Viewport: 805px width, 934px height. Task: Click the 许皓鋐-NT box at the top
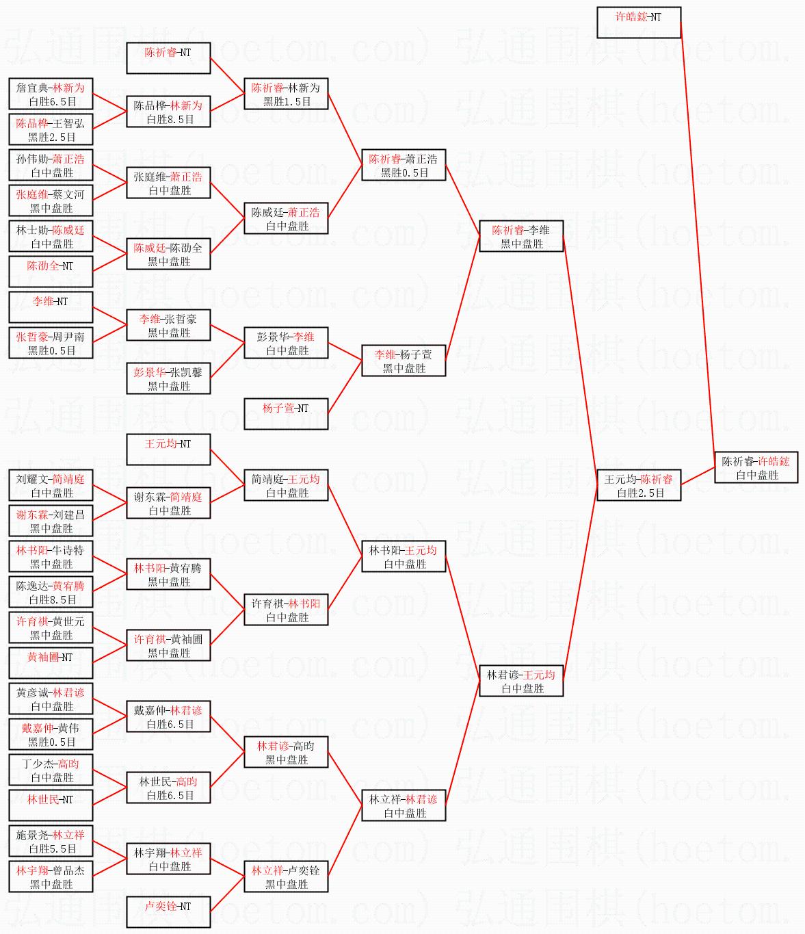pos(639,23)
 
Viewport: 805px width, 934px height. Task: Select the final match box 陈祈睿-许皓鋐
pos(756,467)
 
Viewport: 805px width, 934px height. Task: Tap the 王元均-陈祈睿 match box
pos(639,485)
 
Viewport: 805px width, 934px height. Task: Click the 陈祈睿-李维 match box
pos(521,236)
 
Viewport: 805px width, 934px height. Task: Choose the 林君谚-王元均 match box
pos(521,681)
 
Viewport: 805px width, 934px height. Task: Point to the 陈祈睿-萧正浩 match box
pos(404,165)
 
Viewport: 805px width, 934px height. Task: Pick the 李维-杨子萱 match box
pos(404,361)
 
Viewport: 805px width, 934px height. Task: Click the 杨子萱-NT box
pos(286,414)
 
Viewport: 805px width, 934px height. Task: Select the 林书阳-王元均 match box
pos(404,556)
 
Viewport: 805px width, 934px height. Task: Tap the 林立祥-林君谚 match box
pos(404,805)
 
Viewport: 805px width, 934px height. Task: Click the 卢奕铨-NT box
pos(168,912)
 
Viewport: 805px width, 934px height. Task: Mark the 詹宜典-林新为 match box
pos(51,94)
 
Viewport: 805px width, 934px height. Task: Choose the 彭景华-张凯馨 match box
pos(168,378)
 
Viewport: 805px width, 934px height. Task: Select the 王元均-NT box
pos(168,450)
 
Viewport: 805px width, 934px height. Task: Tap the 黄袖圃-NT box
pos(51,663)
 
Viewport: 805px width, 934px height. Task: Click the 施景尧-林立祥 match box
pos(51,841)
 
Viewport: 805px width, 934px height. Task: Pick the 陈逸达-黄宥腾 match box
pos(51,592)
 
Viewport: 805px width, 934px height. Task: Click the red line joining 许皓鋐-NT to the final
pos(698,239)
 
